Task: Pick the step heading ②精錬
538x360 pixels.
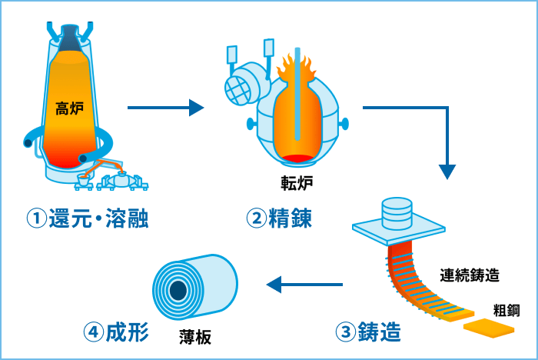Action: tap(279, 219)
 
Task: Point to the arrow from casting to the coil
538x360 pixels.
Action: tap(304, 285)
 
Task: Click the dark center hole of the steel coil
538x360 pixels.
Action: tap(179, 291)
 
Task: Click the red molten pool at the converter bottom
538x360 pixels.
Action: tap(298, 158)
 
